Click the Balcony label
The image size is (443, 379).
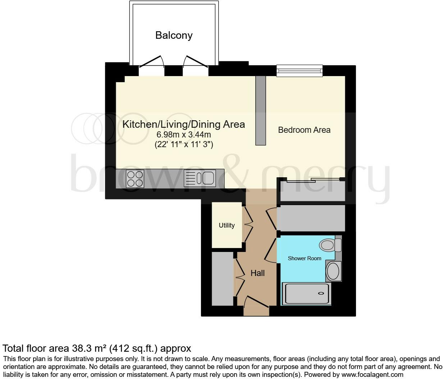pyautogui.click(x=174, y=35)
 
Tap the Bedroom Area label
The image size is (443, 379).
pyautogui.click(x=304, y=130)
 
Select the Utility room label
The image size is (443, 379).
pyautogui.click(x=227, y=225)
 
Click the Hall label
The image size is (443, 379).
pyautogui.click(x=257, y=273)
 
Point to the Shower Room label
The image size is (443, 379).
pyautogui.click(x=305, y=258)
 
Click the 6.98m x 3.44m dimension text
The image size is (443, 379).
pyautogui.click(x=183, y=135)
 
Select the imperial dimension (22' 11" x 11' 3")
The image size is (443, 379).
pyautogui.click(x=183, y=145)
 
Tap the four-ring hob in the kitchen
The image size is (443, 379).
pyautogui.click(x=135, y=178)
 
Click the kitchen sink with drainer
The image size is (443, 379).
pyautogui.click(x=200, y=178)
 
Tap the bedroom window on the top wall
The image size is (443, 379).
pyautogui.click(x=299, y=71)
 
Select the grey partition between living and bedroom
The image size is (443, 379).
pyautogui.click(x=260, y=110)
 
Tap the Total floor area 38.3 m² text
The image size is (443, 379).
pyautogui.click(x=97, y=348)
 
